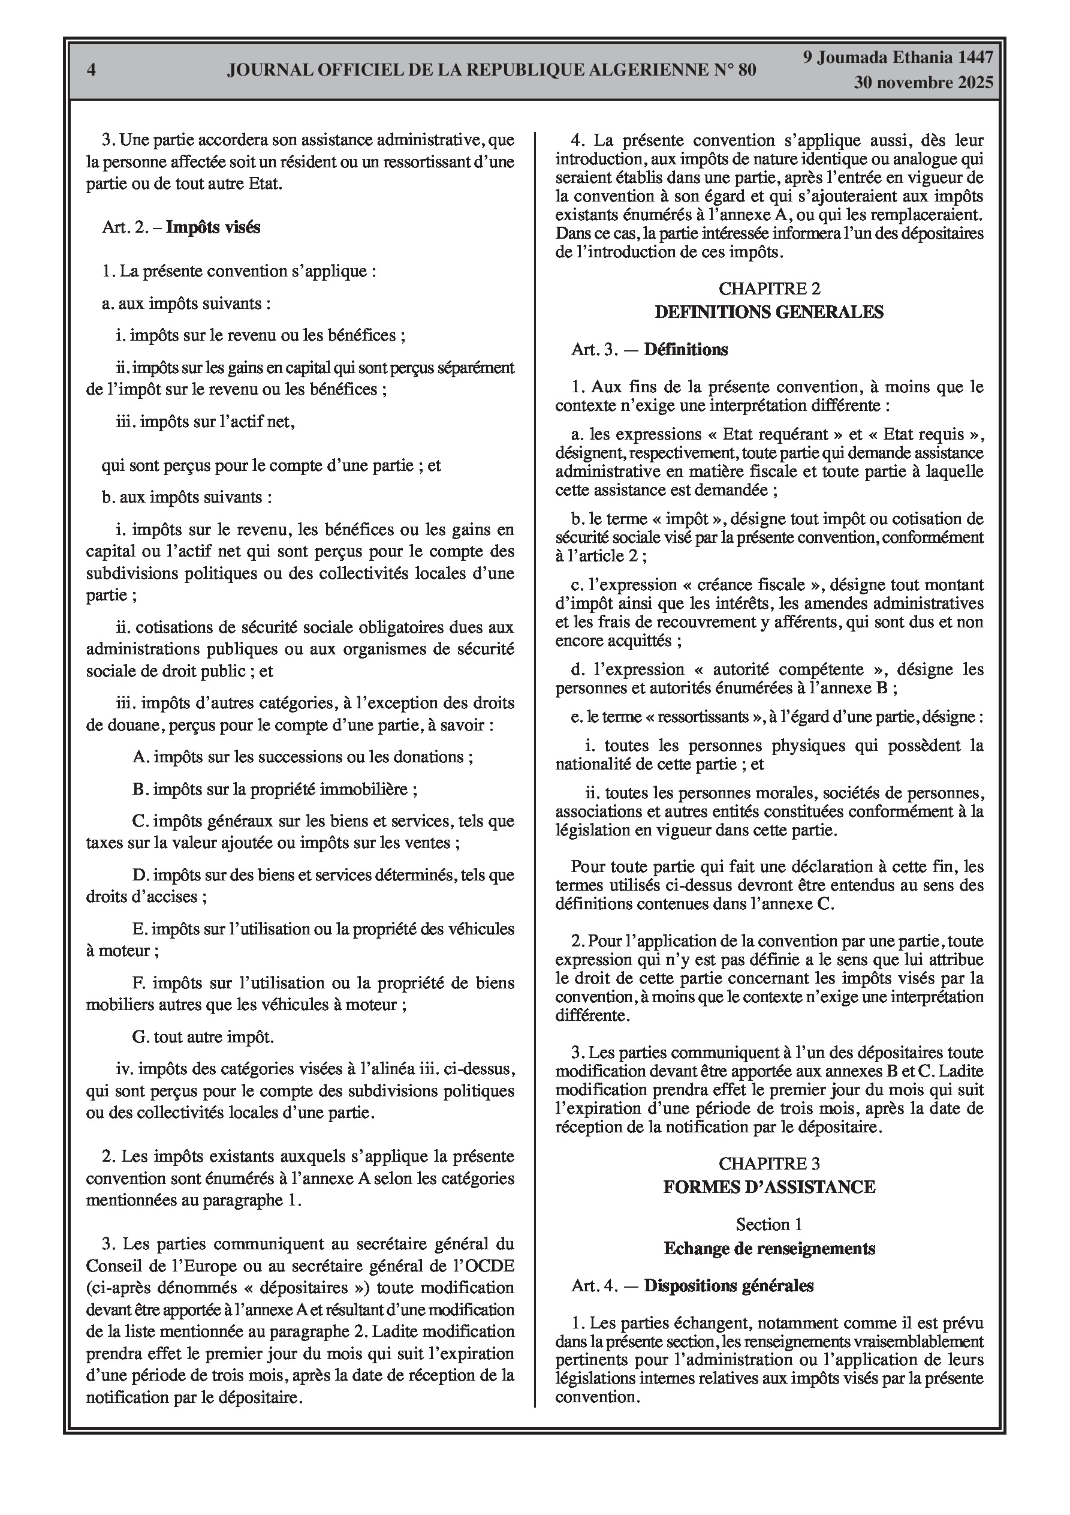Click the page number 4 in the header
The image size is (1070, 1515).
[x=91, y=70]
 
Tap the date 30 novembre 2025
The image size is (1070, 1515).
[x=924, y=83]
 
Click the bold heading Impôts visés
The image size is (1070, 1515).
[x=213, y=228]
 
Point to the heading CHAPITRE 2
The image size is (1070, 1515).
[x=769, y=288]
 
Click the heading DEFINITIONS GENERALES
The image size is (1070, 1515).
[x=769, y=312]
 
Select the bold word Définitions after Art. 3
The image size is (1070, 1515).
[x=686, y=350]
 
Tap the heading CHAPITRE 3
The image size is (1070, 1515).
[x=769, y=1164]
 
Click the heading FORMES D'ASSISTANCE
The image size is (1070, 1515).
[x=769, y=1187]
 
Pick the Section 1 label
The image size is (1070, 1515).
[x=769, y=1225]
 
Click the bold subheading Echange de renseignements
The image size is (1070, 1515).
[x=769, y=1249]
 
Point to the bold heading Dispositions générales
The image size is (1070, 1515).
[x=729, y=1285]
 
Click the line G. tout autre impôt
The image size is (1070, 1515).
[x=203, y=1037]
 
